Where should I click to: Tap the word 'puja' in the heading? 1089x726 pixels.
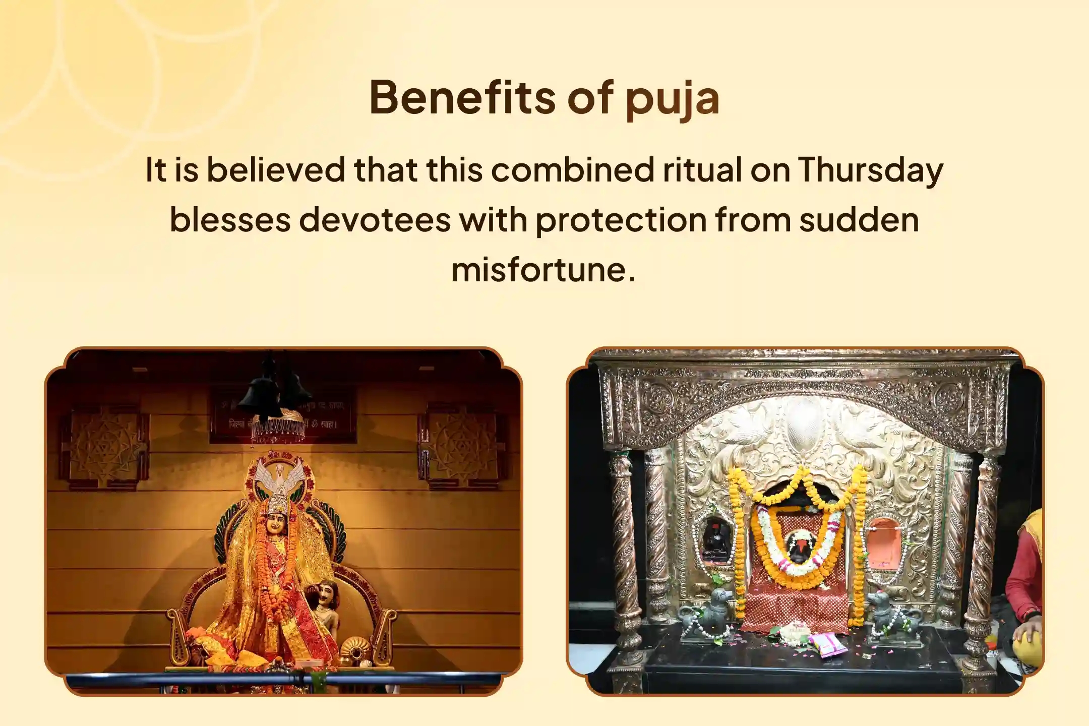[x=672, y=99]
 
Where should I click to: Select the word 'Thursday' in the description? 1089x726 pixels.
[x=870, y=170]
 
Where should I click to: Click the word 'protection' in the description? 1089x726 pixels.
[x=621, y=220]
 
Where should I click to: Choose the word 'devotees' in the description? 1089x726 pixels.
[x=375, y=220]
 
